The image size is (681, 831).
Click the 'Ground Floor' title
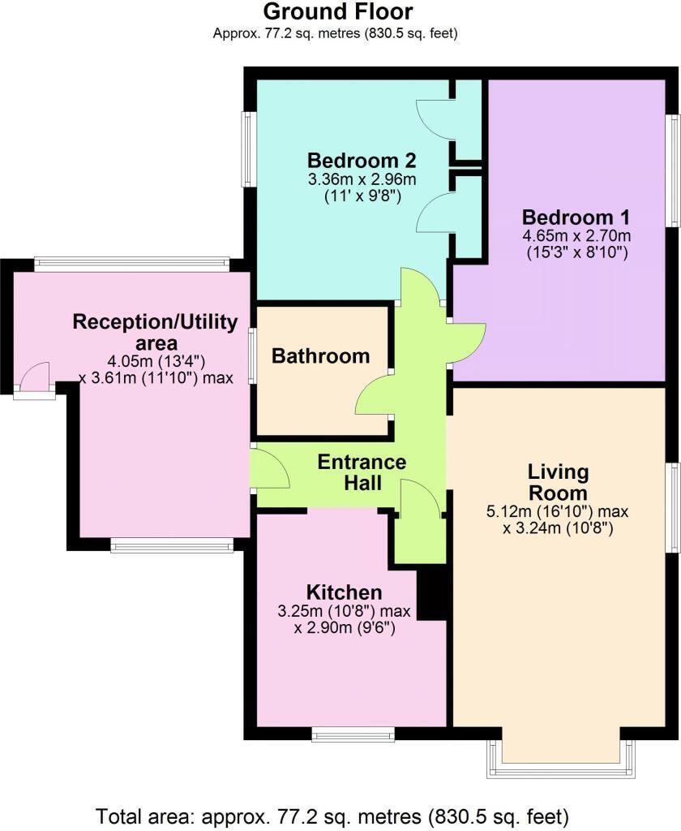[x=337, y=12]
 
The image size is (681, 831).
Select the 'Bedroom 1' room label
[x=576, y=217]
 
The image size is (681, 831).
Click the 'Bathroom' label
[x=320, y=355]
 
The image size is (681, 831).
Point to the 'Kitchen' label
[x=344, y=592]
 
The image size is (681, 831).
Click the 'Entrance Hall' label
[x=361, y=472]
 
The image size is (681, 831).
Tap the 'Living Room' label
[x=558, y=482]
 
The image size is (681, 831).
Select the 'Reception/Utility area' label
[x=155, y=333]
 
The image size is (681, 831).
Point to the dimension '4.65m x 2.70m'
[x=576, y=236]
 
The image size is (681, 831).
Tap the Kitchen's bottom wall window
[x=353, y=735]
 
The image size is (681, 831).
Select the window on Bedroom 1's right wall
[x=672, y=170]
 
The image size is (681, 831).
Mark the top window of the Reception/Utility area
[x=132, y=263]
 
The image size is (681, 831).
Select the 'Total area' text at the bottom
[x=332, y=814]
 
